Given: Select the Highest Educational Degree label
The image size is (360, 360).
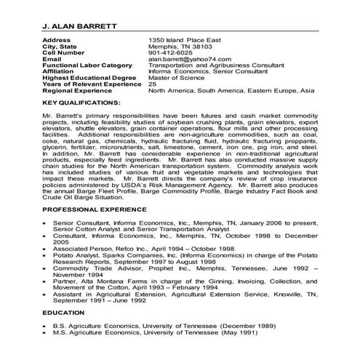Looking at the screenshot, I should [89, 76].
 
